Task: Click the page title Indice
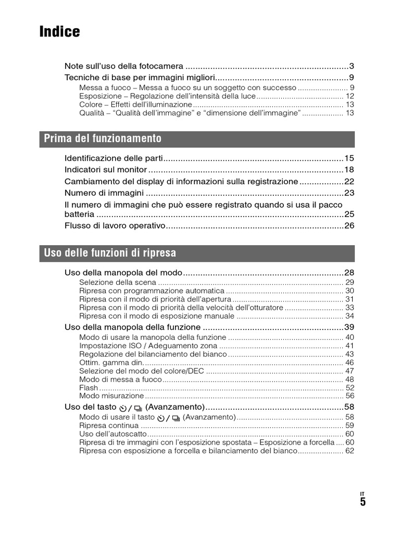click(x=60, y=32)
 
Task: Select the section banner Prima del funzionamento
click(x=103, y=138)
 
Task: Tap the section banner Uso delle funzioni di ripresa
click(x=110, y=253)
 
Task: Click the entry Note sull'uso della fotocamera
click(x=124, y=66)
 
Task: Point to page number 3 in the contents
click(x=352, y=66)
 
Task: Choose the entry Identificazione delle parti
click(x=114, y=158)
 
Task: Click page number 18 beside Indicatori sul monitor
click(x=349, y=170)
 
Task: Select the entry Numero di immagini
click(x=97, y=193)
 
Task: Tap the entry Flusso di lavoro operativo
click(x=115, y=225)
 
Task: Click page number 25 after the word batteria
click(x=349, y=214)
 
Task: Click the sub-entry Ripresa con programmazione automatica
click(x=152, y=291)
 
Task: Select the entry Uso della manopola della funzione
click(x=132, y=327)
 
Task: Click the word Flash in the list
click(x=89, y=387)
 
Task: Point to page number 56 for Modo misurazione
click(x=349, y=396)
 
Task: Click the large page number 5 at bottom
click(x=362, y=502)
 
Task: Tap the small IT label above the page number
click(x=362, y=493)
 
